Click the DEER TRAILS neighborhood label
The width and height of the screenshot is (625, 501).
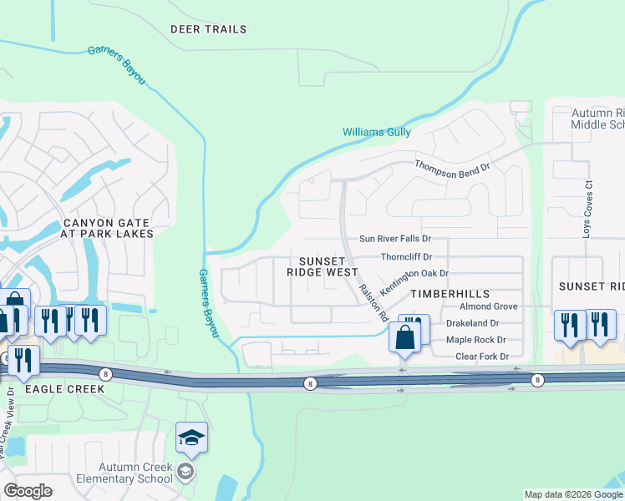point(209,29)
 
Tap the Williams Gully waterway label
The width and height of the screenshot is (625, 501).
point(377,132)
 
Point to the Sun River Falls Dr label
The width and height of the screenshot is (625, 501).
point(394,239)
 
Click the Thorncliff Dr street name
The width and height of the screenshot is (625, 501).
point(405,257)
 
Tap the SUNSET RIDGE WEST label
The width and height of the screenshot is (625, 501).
point(323,266)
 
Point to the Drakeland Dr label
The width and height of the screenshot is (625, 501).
point(472,323)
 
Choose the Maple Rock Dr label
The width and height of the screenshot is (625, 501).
point(476,340)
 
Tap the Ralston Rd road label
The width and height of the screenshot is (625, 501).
point(373,301)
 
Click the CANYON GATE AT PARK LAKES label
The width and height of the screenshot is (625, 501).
point(106,229)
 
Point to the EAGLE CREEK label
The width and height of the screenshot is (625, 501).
point(64,389)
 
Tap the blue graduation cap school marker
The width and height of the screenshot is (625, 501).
point(191,438)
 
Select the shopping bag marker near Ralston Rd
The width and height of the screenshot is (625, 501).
point(404,338)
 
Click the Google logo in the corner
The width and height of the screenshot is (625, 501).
point(28,491)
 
